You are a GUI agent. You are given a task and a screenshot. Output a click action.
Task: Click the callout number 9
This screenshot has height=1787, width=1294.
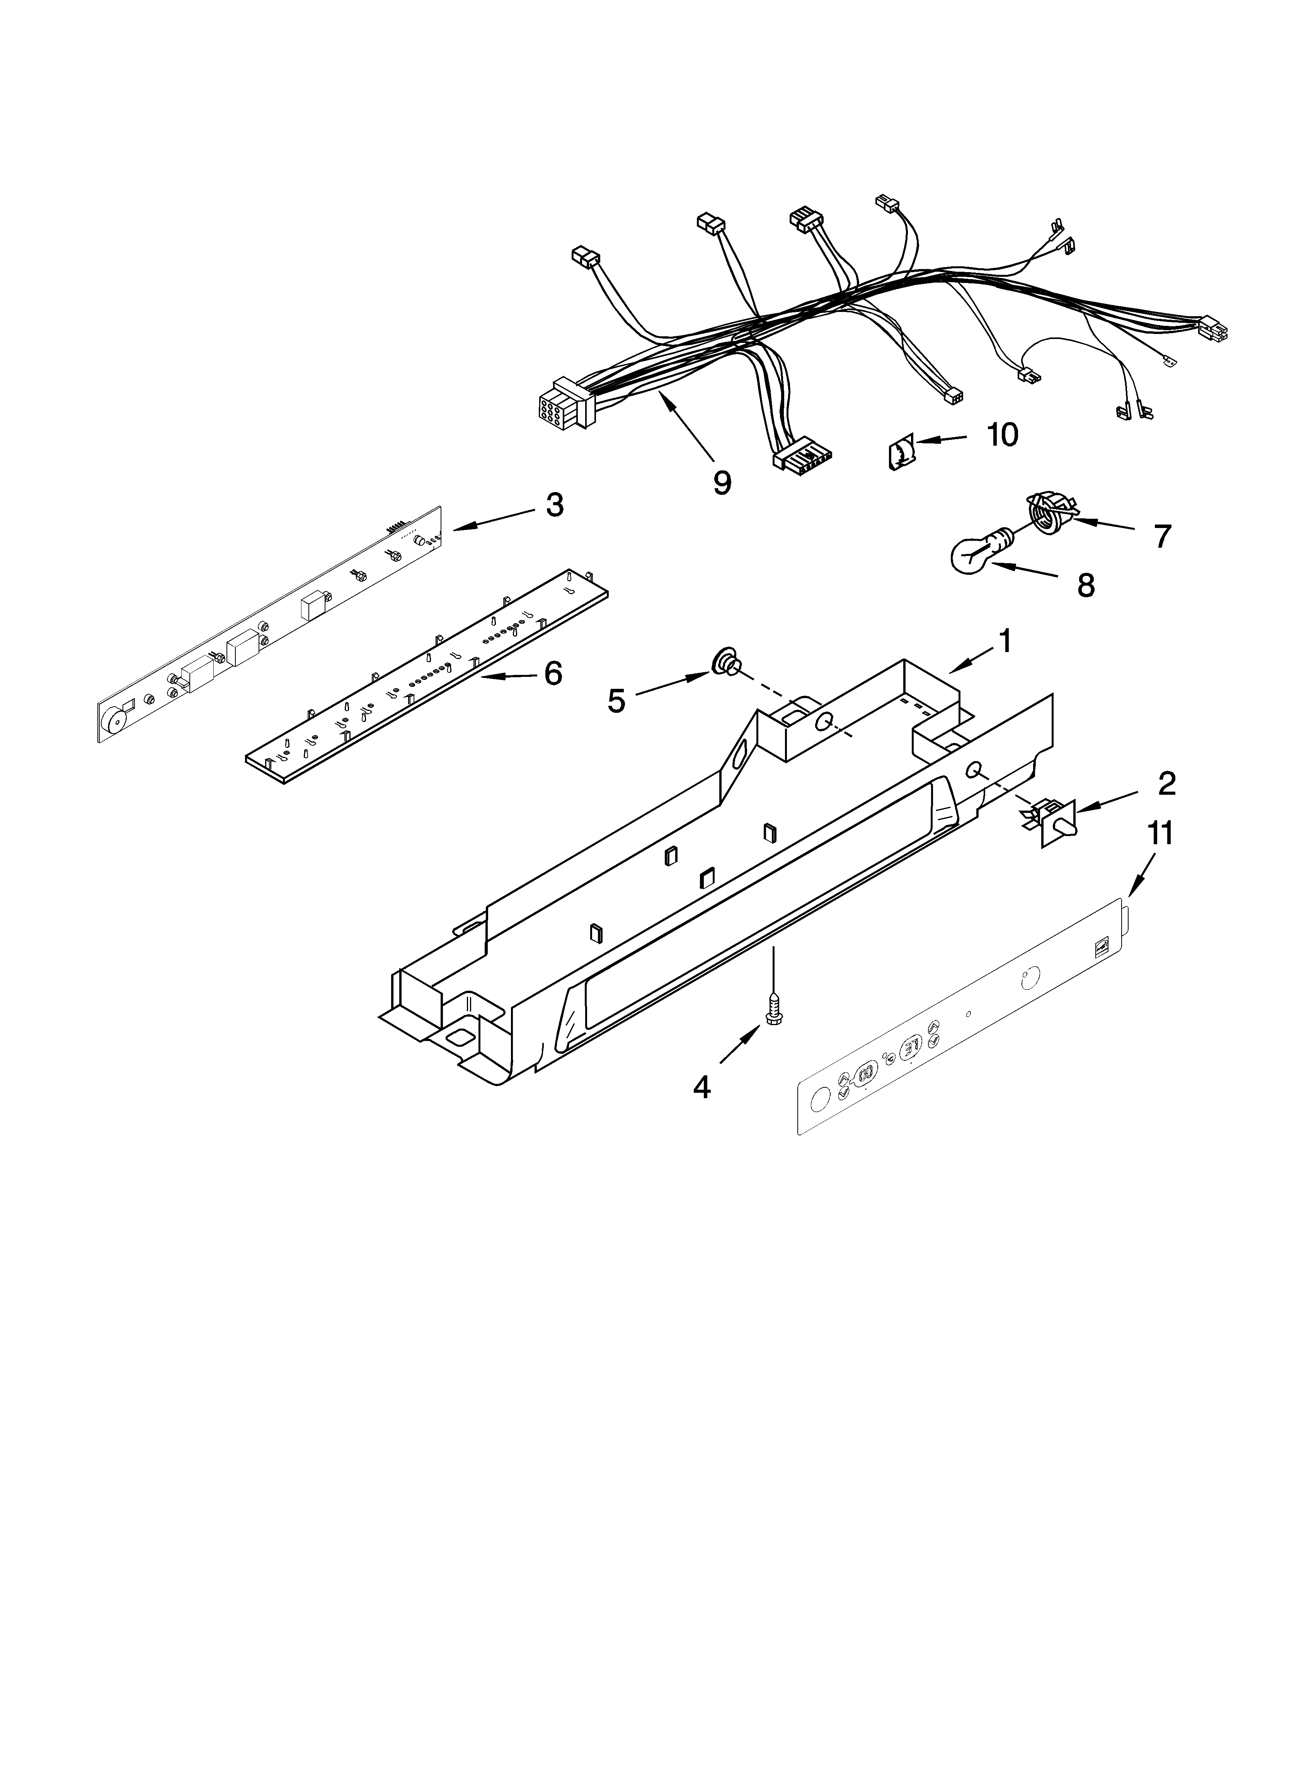722,482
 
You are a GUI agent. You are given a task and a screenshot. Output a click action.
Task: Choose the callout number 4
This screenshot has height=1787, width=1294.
701,1087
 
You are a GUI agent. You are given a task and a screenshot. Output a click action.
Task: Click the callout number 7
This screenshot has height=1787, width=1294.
1162,537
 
